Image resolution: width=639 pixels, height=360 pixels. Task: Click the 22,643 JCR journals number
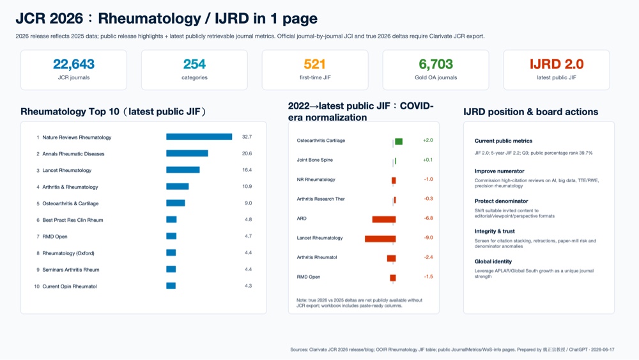coord(73,64)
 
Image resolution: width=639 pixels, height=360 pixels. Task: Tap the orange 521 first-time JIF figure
coord(314,64)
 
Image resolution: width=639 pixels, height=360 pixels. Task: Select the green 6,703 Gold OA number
coord(436,64)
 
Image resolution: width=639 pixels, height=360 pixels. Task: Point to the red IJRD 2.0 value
coord(557,64)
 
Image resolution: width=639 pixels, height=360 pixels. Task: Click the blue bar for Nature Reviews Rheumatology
coord(199,137)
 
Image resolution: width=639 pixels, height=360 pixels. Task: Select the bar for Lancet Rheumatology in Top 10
coord(183,170)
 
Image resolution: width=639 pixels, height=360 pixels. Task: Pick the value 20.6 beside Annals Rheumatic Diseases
coord(247,153)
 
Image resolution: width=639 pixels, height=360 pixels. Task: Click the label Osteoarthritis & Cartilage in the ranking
coord(70,203)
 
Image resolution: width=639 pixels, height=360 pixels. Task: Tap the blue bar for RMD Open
coord(171,236)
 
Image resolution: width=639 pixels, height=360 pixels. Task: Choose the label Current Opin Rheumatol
coord(70,286)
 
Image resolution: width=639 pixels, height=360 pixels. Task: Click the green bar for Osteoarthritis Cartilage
coord(399,141)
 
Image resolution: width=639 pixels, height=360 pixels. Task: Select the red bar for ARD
coord(384,219)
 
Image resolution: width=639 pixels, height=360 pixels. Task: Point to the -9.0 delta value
coord(428,238)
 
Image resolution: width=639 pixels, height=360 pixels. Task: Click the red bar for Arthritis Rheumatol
coord(391,258)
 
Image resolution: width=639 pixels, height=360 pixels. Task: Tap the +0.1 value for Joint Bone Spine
coord(428,160)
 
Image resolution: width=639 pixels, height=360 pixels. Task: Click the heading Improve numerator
coord(499,171)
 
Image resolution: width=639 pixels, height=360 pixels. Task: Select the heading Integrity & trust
coord(495,231)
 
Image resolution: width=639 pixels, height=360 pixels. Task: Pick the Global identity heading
coord(493,262)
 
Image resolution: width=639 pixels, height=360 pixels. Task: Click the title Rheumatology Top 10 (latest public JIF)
coord(113,112)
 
